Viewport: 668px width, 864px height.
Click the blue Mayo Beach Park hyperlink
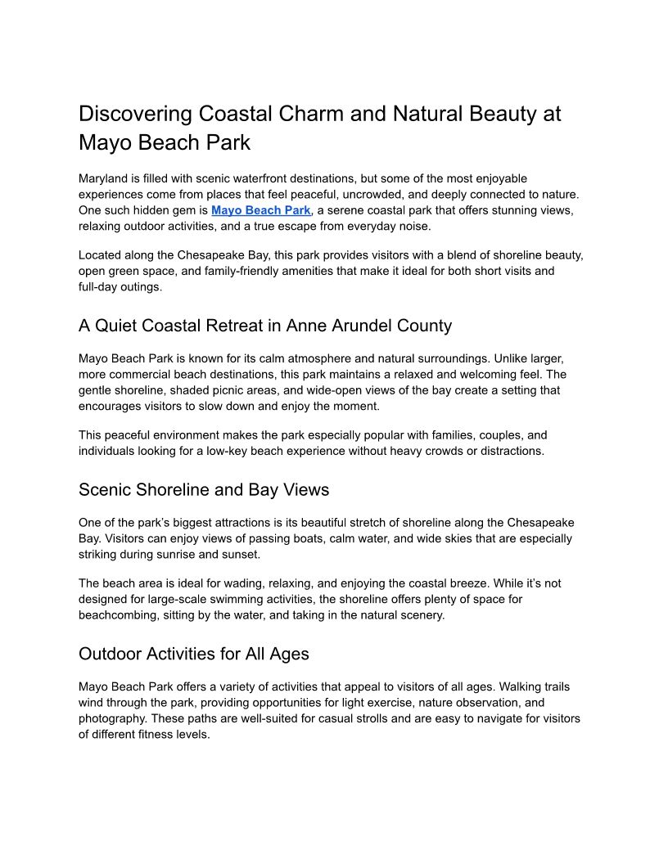[x=261, y=210]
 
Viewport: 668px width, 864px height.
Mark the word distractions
[x=506, y=451]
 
